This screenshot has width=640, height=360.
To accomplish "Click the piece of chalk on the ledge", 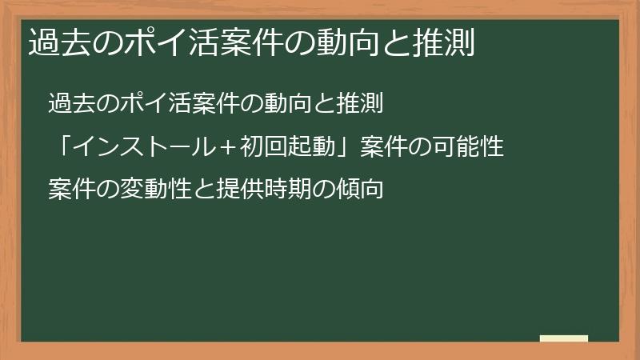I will (x=563, y=338).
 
